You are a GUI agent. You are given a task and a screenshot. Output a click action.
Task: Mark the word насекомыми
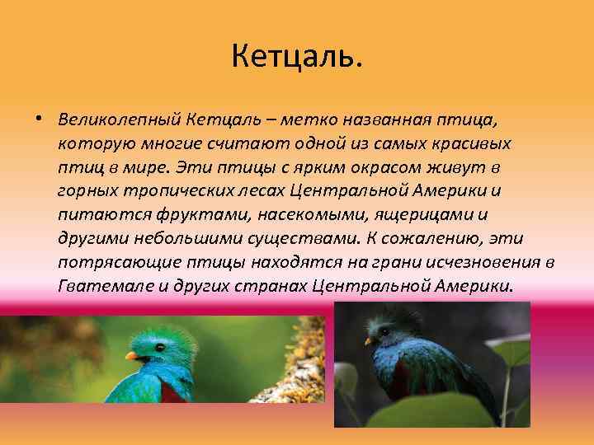pyautogui.click(x=291, y=214)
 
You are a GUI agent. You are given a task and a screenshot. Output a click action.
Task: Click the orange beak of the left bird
pyautogui.click(x=130, y=356)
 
